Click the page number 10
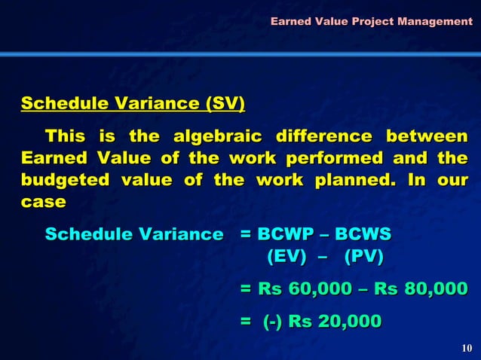[466, 347]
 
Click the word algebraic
[218, 138]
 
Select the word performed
[354, 160]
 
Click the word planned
[345, 182]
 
